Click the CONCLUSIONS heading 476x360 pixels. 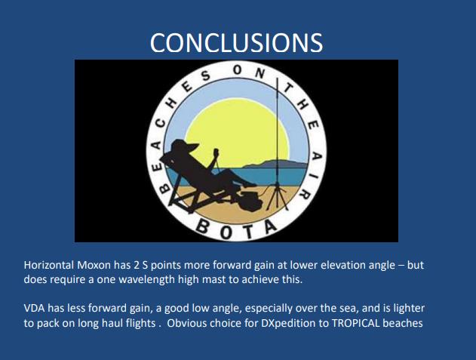pos(236,43)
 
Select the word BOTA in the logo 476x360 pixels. pos(238,229)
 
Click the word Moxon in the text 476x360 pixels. pos(94,265)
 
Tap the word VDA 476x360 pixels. pos(34,308)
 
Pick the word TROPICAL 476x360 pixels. pos(355,322)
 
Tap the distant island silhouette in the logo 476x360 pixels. pos(275,164)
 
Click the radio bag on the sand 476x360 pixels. pos(250,201)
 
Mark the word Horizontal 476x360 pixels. pos(49,265)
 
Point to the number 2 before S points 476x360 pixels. pos(136,265)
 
